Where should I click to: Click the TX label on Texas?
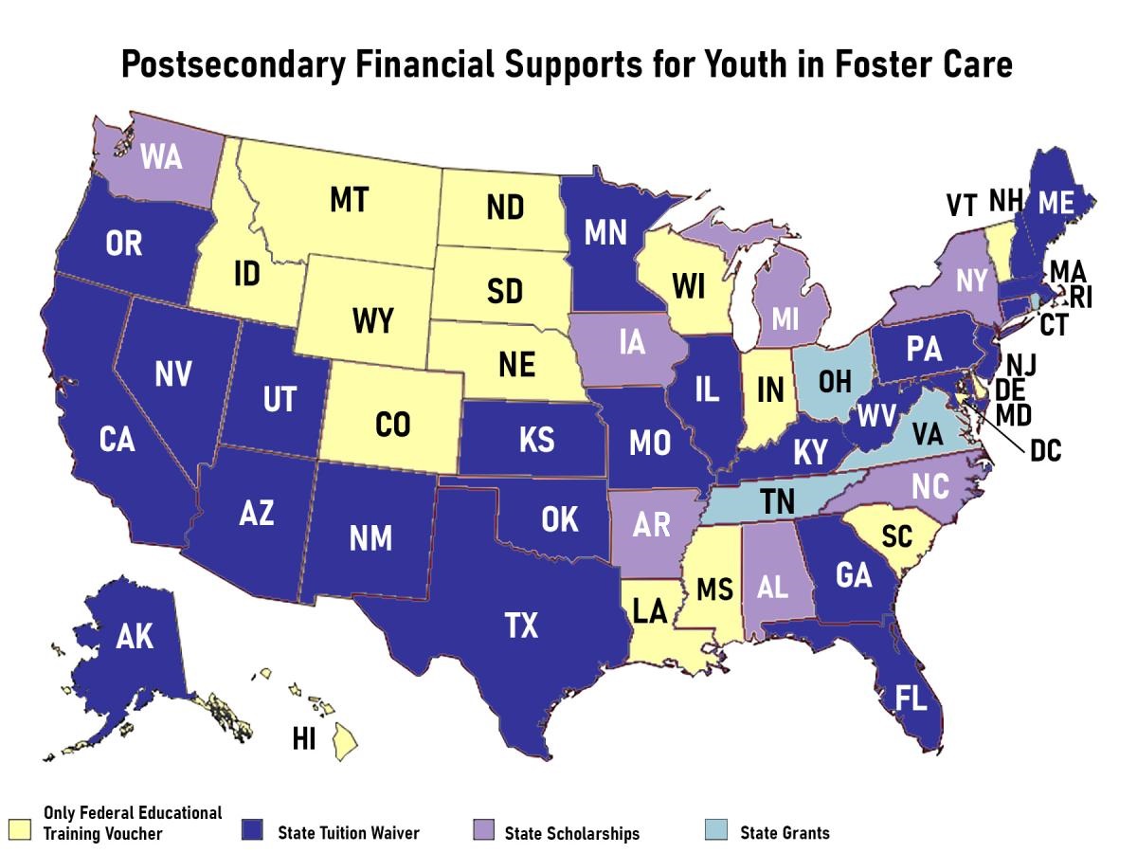[519, 626]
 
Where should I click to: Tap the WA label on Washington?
[161, 157]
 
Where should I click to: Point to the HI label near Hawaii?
[305, 739]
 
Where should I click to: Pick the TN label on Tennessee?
[777, 501]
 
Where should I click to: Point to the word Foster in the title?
[860, 65]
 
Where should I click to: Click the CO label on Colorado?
[392, 426]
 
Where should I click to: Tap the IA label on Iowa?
[631, 343]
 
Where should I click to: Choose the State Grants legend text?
[785, 833]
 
